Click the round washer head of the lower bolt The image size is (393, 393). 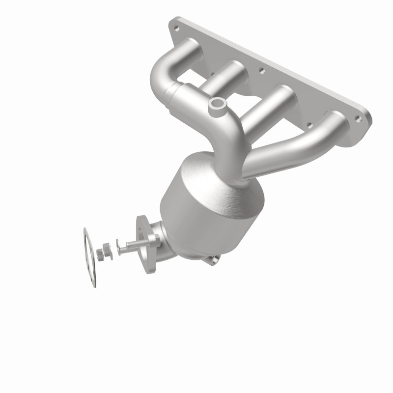click(119, 243)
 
